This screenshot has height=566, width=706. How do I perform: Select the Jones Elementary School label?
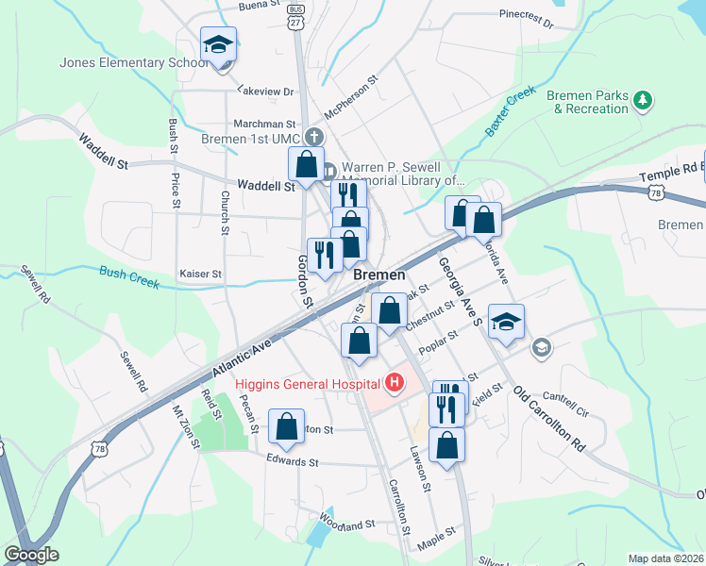point(133,63)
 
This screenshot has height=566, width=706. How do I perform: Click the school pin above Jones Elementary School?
point(218,44)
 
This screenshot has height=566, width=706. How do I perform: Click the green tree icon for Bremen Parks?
point(644,99)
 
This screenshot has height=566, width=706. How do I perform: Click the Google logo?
point(31,555)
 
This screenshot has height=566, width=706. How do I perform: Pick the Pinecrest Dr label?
point(526,16)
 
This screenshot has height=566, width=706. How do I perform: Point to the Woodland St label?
point(348,522)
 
